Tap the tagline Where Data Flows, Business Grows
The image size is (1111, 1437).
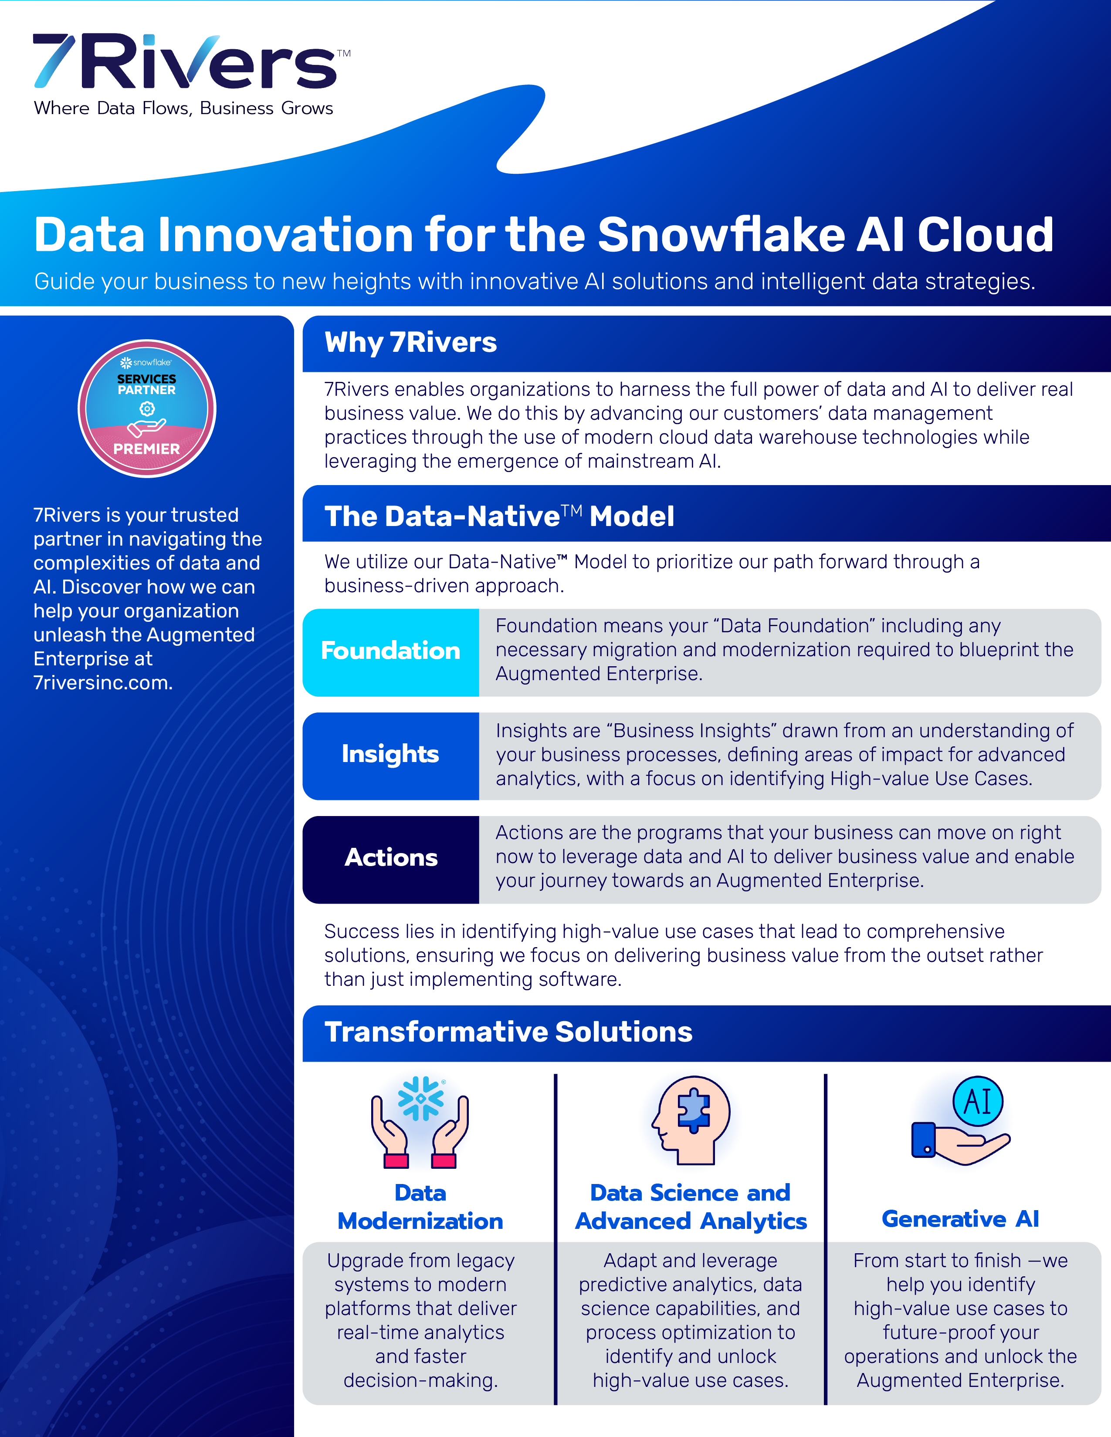[183, 108]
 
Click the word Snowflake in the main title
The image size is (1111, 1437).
[721, 235]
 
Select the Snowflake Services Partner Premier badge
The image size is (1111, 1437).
[147, 408]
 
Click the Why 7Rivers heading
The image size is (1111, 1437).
[411, 343]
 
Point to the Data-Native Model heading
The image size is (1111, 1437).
[499, 516]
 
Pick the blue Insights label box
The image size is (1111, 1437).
[390, 755]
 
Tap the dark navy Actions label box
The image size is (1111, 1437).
[390, 858]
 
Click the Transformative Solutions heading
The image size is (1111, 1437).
[508, 1032]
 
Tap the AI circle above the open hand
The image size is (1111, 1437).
[978, 1101]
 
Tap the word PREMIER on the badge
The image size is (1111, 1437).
[147, 449]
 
